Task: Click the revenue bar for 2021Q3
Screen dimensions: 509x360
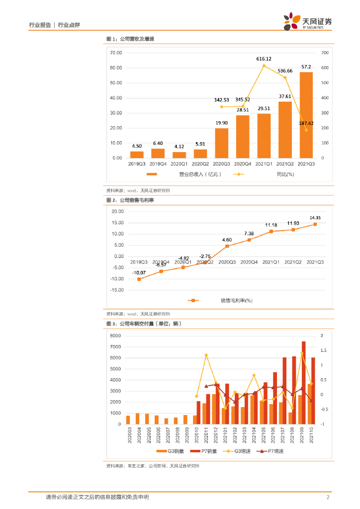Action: click(x=306, y=115)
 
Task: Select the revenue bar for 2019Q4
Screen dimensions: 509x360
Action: click(x=158, y=153)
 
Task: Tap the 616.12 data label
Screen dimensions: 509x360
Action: click(x=264, y=59)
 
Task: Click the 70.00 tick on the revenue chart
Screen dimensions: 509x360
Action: click(x=117, y=53)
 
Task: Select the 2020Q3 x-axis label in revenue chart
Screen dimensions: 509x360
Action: click(x=221, y=163)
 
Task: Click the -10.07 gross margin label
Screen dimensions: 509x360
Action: click(x=139, y=273)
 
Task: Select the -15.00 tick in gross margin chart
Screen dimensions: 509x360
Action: click(x=117, y=290)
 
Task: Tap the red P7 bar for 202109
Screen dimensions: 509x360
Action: click(x=304, y=383)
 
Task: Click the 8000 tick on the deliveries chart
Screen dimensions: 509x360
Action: click(x=115, y=336)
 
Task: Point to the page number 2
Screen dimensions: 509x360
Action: click(x=328, y=497)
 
